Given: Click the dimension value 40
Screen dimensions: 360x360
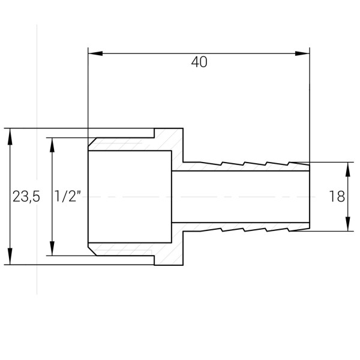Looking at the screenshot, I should tap(199, 62).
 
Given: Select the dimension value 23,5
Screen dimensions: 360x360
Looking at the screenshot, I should tap(26, 196).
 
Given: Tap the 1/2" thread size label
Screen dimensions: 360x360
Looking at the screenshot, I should tap(68, 196).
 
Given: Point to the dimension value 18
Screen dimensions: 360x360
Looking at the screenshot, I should tap(337, 196).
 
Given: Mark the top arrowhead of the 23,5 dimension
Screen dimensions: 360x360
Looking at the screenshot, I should tap(10, 136).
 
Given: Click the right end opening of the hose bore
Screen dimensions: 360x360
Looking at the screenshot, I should tap(310, 196).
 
